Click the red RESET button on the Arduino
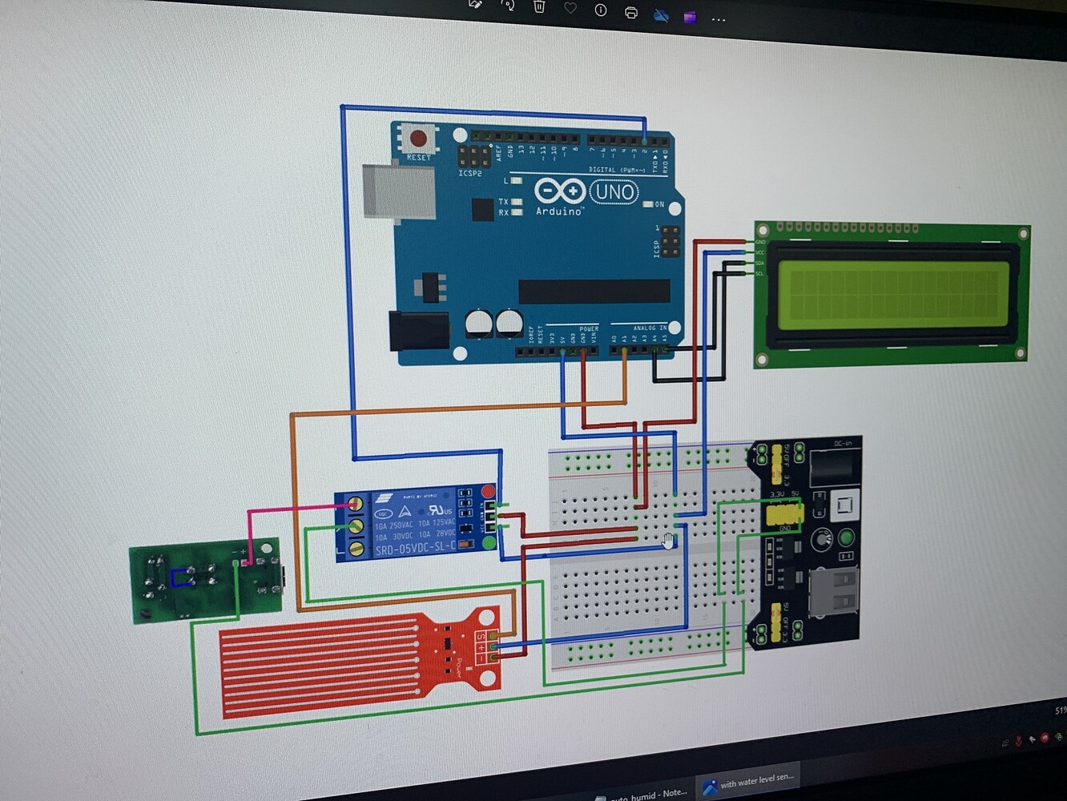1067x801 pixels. point(418,139)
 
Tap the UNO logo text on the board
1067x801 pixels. point(614,192)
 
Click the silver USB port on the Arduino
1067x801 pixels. point(398,191)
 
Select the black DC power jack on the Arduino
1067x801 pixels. point(418,330)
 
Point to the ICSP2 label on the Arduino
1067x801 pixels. point(470,173)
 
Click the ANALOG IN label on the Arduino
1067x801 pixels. point(650,328)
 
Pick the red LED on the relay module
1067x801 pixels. point(487,491)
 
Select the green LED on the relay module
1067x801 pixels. point(489,544)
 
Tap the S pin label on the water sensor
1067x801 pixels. point(481,637)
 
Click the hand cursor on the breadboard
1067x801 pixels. point(668,541)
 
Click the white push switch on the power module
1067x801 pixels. point(844,505)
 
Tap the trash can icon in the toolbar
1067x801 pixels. point(539,7)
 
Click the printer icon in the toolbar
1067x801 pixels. point(631,12)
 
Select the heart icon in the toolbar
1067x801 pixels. point(570,9)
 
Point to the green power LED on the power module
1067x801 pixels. point(845,537)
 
